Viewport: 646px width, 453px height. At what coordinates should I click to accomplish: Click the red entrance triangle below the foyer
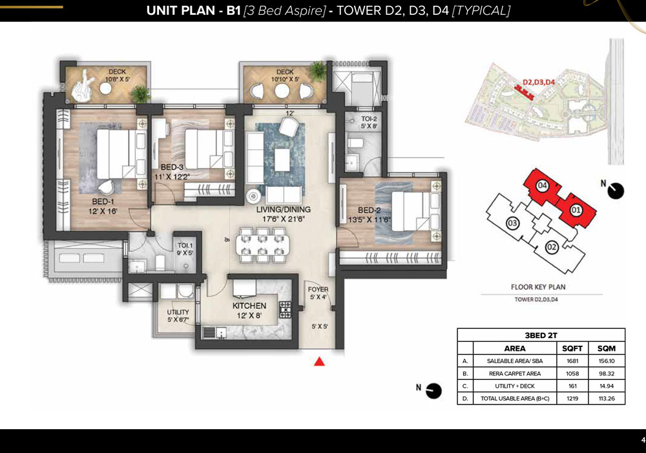click(x=319, y=361)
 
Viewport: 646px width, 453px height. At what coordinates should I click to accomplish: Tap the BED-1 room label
click(x=103, y=202)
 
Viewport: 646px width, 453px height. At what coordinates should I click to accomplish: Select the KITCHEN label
click(x=249, y=306)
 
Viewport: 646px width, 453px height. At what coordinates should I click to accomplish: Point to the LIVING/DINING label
click(x=284, y=209)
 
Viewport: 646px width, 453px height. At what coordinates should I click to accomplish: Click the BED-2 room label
click(x=369, y=210)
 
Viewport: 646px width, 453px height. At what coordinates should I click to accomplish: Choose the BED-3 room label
click(x=172, y=167)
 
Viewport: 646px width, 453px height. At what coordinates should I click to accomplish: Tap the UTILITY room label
click(x=178, y=312)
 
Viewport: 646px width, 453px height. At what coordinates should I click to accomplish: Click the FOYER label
click(x=318, y=290)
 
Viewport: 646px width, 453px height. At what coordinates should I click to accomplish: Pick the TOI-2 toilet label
click(x=369, y=119)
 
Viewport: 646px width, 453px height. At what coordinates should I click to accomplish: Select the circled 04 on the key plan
click(x=542, y=185)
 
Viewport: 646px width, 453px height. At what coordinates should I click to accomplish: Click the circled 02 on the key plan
click(x=552, y=248)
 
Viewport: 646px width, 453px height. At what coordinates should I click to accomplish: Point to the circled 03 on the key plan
click(x=512, y=224)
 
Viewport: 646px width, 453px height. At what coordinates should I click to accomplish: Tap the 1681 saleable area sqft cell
click(x=572, y=361)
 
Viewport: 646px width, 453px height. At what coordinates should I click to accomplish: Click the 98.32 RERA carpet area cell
click(x=607, y=374)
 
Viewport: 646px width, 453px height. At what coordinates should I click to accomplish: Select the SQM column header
click(x=607, y=348)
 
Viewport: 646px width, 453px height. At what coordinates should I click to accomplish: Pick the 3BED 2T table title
click(x=541, y=335)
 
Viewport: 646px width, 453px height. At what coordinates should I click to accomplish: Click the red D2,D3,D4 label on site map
click(x=539, y=82)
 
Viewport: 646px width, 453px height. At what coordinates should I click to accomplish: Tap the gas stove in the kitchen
click(x=285, y=310)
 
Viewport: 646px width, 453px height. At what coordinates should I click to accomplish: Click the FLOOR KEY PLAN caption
click(x=538, y=287)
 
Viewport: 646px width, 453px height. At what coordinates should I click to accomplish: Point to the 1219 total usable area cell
click(x=572, y=399)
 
